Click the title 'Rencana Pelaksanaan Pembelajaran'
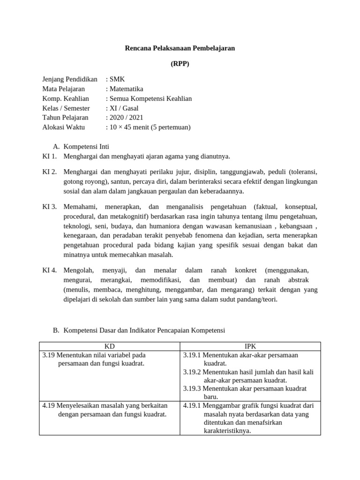coord(180,48)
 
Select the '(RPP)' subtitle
coord(180,64)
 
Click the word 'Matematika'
coord(126,89)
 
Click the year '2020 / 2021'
coord(126,118)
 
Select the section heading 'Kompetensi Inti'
coord(86,146)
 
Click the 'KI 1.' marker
coord(49,156)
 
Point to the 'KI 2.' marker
coord(49,172)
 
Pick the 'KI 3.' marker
coord(49,206)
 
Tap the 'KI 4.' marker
coord(49,270)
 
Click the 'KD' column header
coord(109,346)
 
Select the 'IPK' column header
coord(250,346)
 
